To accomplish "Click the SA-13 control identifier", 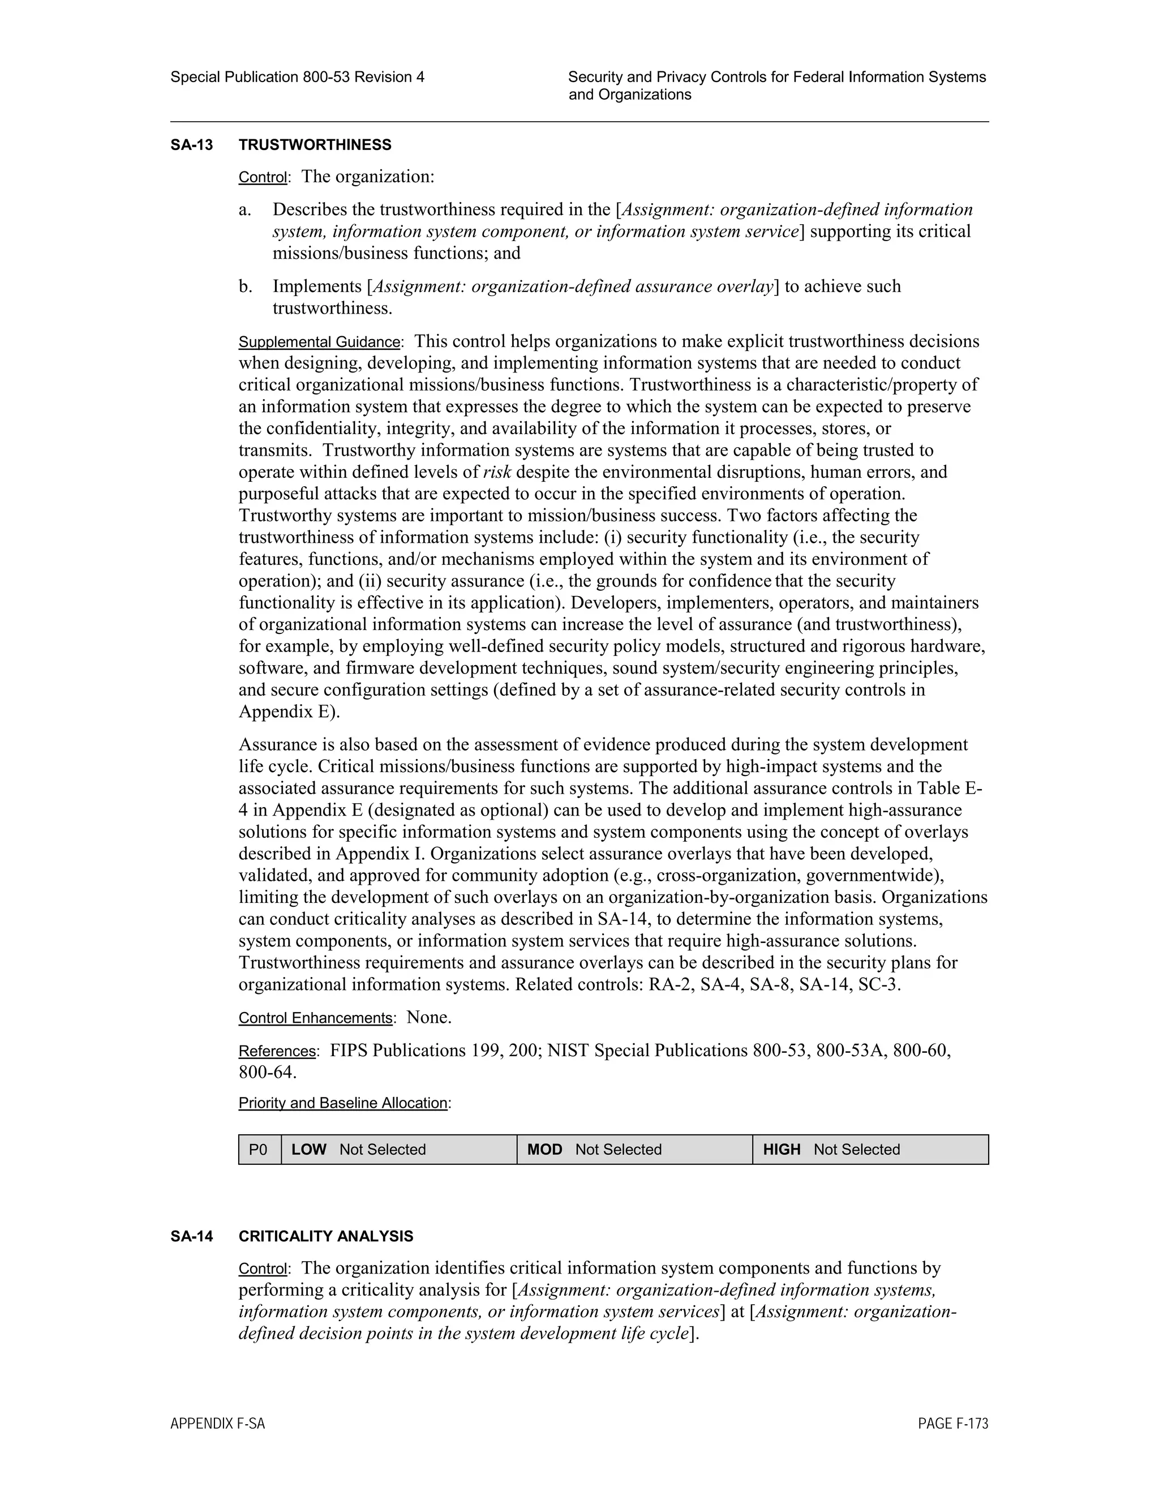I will pyautogui.click(x=192, y=145).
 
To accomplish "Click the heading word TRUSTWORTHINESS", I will pyautogui.click(x=315, y=145).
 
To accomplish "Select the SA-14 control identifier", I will pyautogui.click(x=192, y=1236).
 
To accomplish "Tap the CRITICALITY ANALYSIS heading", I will pyautogui.click(x=325, y=1236).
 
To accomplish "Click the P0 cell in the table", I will pyautogui.click(x=259, y=1150).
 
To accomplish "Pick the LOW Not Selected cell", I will pyautogui.click(x=398, y=1150).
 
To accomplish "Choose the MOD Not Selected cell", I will pyautogui.click(x=634, y=1150).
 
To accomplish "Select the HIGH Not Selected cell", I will pyautogui.click(x=870, y=1150).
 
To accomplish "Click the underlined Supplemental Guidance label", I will pyautogui.click(x=319, y=342).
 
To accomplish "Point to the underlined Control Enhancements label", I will pyautogui.click(x=315, y=1018).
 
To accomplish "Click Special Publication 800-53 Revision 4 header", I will pyautogui.click(x=297, y=78).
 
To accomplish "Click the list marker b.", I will pyautogui.click(x=245, y=286).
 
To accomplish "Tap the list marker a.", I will pyautogui.click(x=245, y=209).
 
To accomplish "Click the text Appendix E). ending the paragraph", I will pyautogui.click(x=289, y=712).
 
